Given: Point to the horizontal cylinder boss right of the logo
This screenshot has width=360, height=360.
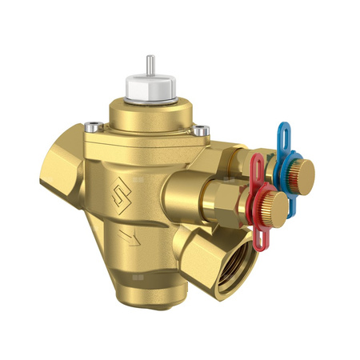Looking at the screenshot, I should click(x=184, y=196).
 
